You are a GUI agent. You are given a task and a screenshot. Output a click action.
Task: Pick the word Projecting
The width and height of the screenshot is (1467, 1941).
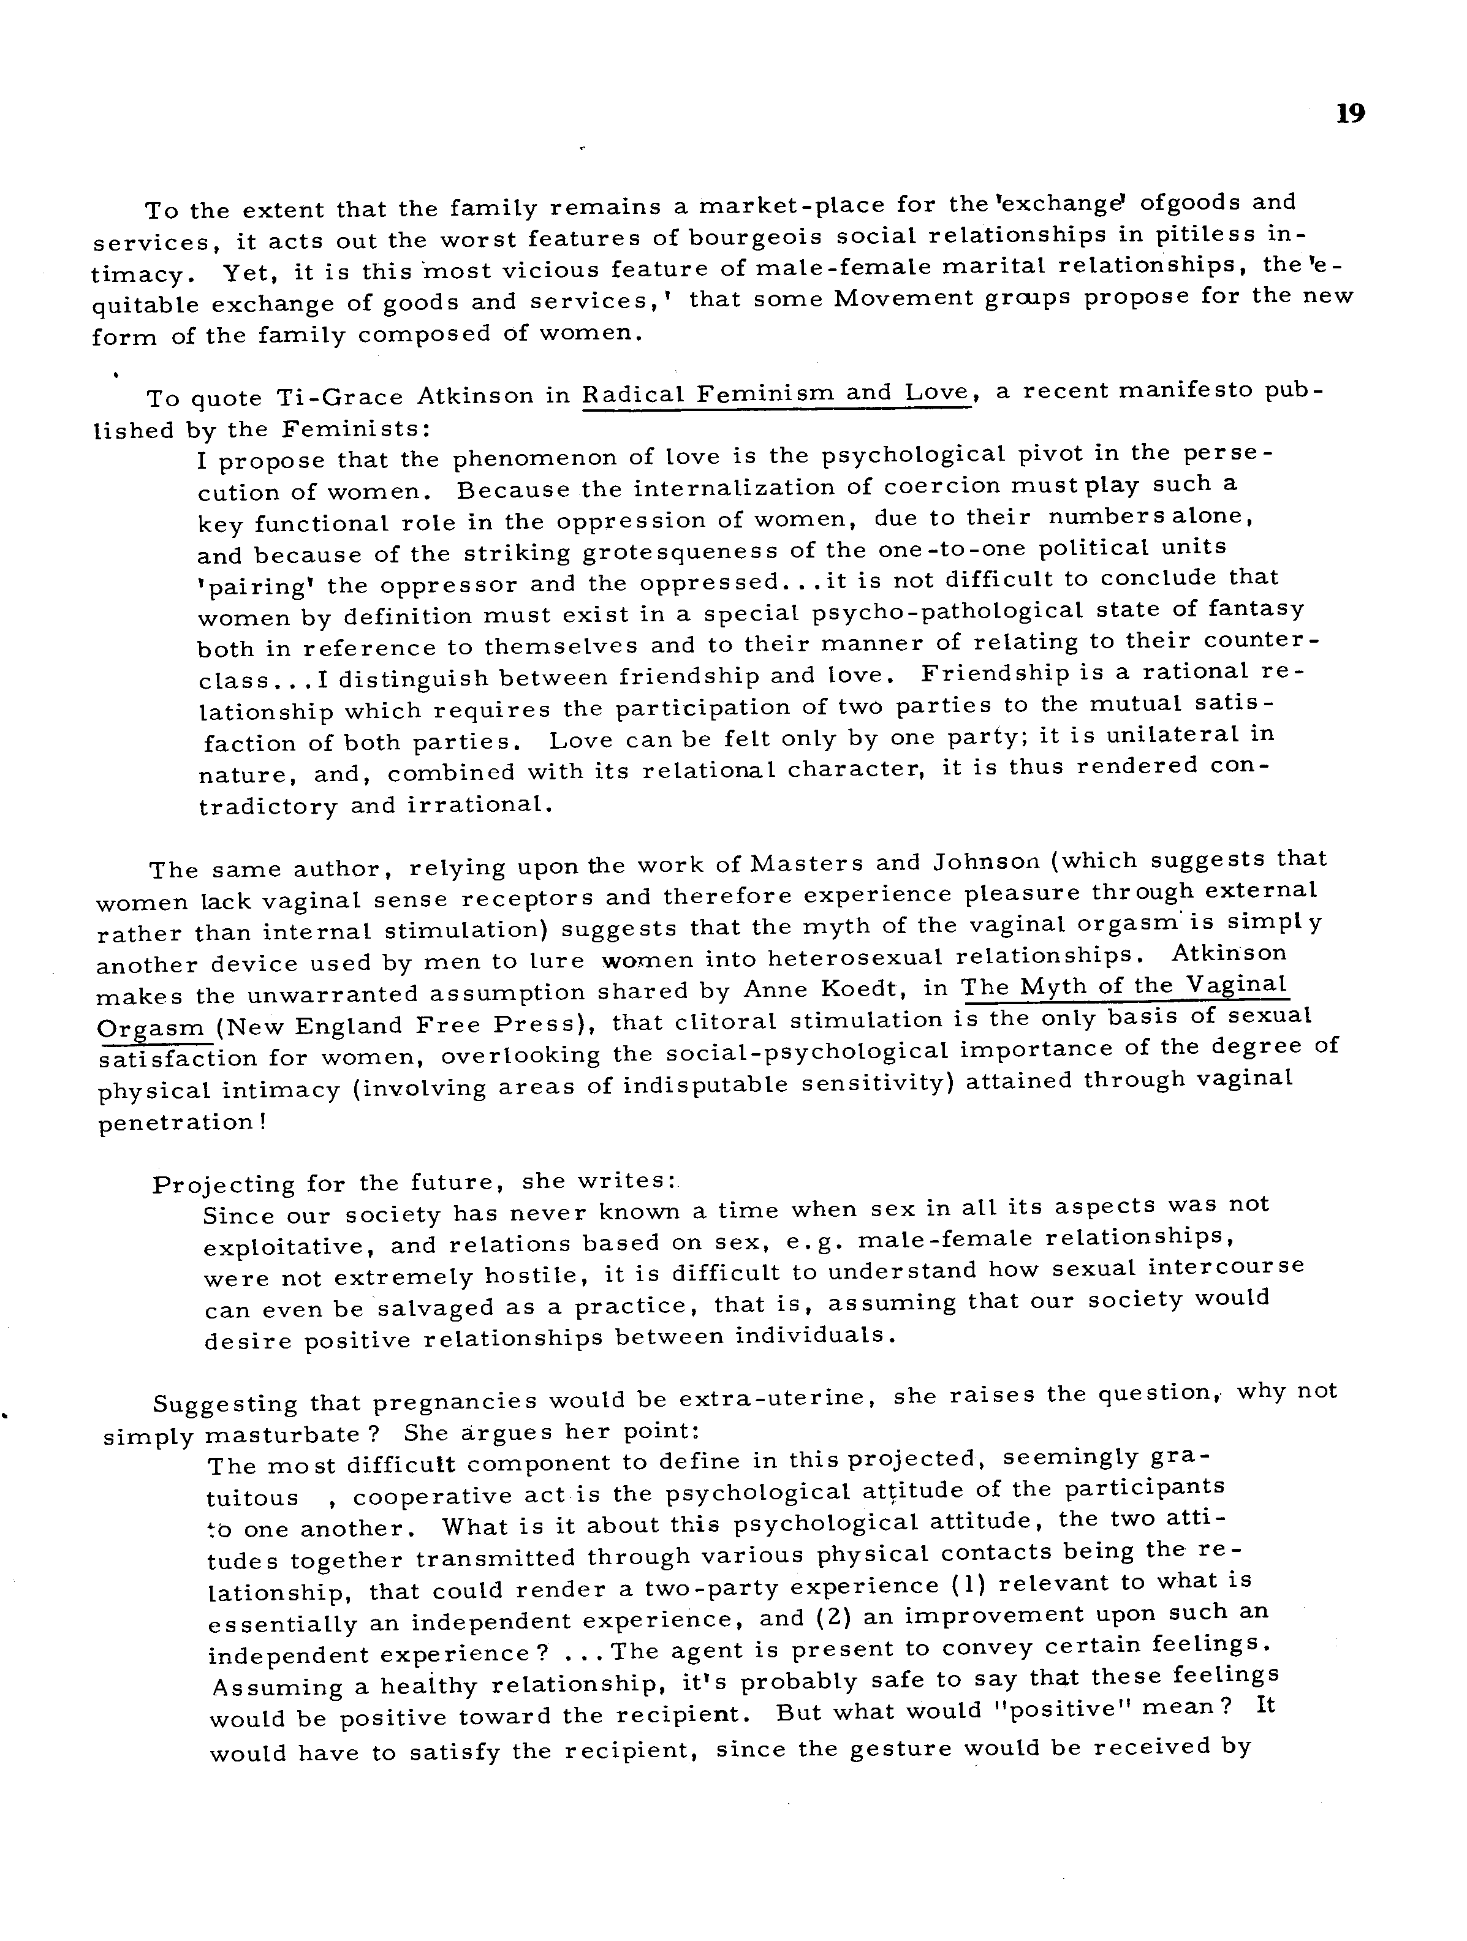click(x=223, y=1184)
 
